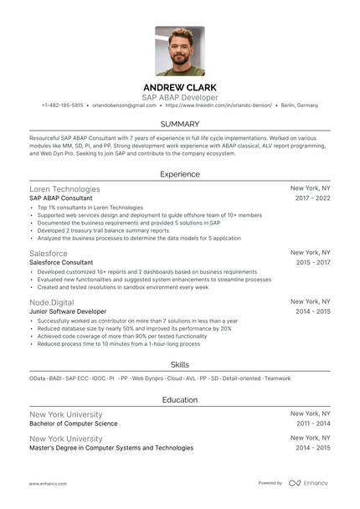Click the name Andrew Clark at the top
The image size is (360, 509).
coord(179,87)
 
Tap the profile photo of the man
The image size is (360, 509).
coord(180,51)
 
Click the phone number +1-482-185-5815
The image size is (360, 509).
coord(62,105)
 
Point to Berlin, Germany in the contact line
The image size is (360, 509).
coord(300,105)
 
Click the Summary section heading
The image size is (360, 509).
coord(179,124)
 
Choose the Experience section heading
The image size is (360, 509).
coord(179,174)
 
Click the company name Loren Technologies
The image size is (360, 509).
coord(64,189)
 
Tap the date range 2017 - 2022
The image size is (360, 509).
coord(313,198)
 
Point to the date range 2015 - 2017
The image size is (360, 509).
coord(313,261)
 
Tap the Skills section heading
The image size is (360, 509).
coord(179,364)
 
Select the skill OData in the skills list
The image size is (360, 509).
coord(38,379)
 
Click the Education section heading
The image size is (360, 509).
coord(179,399)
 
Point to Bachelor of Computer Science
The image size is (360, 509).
coord(74,424)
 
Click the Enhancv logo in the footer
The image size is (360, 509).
coord(306,483)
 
